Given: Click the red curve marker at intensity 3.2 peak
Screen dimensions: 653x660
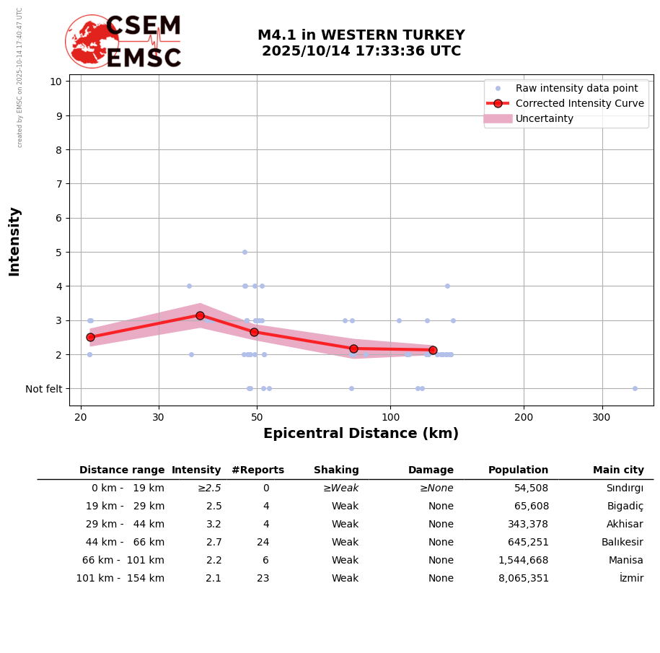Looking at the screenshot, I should (x=200, y=315).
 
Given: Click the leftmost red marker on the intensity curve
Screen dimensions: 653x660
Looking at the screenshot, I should (x=90, y=337).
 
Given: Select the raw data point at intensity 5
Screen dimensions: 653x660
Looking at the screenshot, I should (x=245, y=252).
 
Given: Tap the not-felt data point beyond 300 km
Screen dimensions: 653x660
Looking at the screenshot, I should (x=635, y=388).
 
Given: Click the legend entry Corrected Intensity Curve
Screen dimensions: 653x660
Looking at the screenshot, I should (x=579, y=103).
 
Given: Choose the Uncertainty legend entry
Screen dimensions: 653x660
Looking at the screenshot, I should (x=544, y=118).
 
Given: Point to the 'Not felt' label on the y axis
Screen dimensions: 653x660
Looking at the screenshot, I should (x=44, y=389).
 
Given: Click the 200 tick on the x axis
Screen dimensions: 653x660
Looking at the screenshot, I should (x=524, y=417).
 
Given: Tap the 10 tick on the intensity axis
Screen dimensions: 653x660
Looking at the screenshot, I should (x=56, y=81).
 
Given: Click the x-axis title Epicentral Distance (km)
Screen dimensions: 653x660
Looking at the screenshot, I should (x=361, y=434).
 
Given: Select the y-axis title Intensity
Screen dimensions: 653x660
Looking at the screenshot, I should (x=14, y=241).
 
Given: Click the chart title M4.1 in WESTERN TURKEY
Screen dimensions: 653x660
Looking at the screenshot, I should (x=361, y=35).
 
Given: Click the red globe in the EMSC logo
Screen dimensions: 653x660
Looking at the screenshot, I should (x=92, y=41).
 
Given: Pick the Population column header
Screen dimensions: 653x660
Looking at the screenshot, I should (x=518, y=470).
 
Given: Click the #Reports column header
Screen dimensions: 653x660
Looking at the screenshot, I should (x=258, y=470).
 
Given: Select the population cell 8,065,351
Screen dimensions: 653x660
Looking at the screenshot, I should (x=523, y=579).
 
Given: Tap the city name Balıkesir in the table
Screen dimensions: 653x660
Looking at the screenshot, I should (x=622, y=543).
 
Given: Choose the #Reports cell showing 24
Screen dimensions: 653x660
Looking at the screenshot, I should (x=263, y=543).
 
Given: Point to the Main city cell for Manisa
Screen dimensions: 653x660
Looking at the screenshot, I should (x=625, y=561).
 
